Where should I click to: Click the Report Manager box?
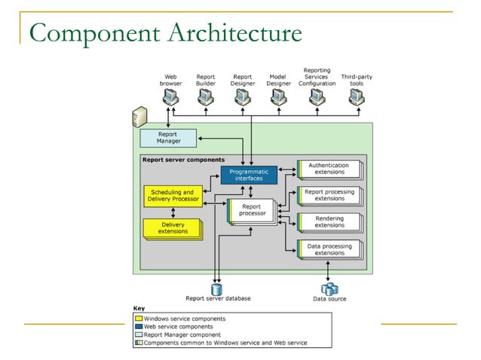tap(167, 138)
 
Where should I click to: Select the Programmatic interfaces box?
tap(249, 175)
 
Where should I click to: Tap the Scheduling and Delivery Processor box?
tap(171, 196)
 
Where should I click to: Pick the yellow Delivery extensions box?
tap(173, 227)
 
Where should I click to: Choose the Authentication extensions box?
tap(329, 169)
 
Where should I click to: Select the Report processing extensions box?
tap(329, 195)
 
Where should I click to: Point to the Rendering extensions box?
tap(329, 221)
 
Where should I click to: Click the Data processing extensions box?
tap(329, 249)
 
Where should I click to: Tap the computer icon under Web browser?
tap(170, 97)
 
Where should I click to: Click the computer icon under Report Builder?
tap(206, 97)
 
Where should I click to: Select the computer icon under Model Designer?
tap(279, 97)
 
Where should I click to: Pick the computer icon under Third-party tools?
tap(357, 97)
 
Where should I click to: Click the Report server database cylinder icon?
tap(217, 288)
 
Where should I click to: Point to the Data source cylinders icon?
tap(329, 288)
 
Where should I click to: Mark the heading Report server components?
tap(183, 160)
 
